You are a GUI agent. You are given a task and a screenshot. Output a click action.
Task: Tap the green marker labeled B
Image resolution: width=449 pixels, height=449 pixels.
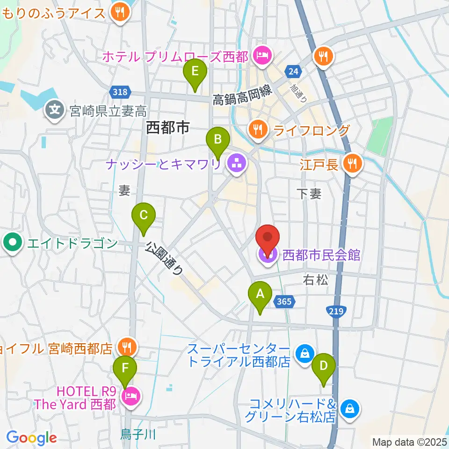coord(218,140)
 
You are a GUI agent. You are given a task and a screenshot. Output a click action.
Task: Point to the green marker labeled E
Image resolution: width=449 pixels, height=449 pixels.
coord(195,73)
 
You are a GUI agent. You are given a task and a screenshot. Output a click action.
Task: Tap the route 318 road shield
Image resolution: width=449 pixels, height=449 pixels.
coord(120,92)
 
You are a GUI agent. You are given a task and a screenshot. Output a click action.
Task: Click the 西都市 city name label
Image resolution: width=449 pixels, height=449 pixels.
coord(167,127)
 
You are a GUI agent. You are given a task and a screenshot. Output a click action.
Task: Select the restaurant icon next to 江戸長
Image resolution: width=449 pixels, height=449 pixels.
coord(351,163)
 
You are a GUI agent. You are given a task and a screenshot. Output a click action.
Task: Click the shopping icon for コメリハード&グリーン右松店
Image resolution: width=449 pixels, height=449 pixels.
coord(349,409)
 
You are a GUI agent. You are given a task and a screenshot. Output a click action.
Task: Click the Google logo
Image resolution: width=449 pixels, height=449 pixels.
coord(31,438)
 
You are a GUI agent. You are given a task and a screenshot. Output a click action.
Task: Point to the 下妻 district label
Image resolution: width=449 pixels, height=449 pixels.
coord(309,194)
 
